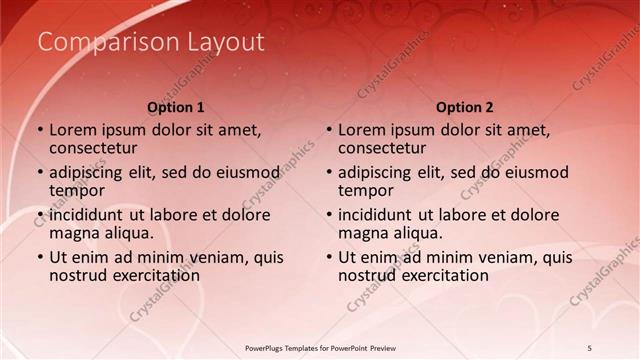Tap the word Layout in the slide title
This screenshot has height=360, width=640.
coord(225,42)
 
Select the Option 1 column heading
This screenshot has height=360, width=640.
coord(176,107)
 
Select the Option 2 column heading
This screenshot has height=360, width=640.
coord(465,107)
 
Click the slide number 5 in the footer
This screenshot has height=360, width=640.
coord(589,347)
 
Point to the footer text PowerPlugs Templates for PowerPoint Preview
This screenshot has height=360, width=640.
coord(320,347)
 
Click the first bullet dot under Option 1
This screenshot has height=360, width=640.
coord(40,130)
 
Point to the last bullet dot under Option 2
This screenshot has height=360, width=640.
coord(329,257)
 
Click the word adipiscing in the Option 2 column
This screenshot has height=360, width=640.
coord(378,172)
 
